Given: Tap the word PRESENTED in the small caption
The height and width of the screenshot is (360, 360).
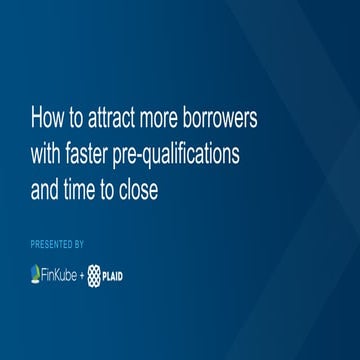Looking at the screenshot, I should click(x=52, y=244).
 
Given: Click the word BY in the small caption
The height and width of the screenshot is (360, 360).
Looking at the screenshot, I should click(x=79, y=244).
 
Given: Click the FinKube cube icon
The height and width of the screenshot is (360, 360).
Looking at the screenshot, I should click(x=38, y=273).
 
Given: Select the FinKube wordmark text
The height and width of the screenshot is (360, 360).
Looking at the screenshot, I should click(x=61, y=273).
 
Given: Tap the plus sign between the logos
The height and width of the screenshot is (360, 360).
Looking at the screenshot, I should click(x=83, y=273).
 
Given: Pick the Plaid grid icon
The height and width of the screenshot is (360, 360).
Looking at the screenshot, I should click(x=97, y=273).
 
